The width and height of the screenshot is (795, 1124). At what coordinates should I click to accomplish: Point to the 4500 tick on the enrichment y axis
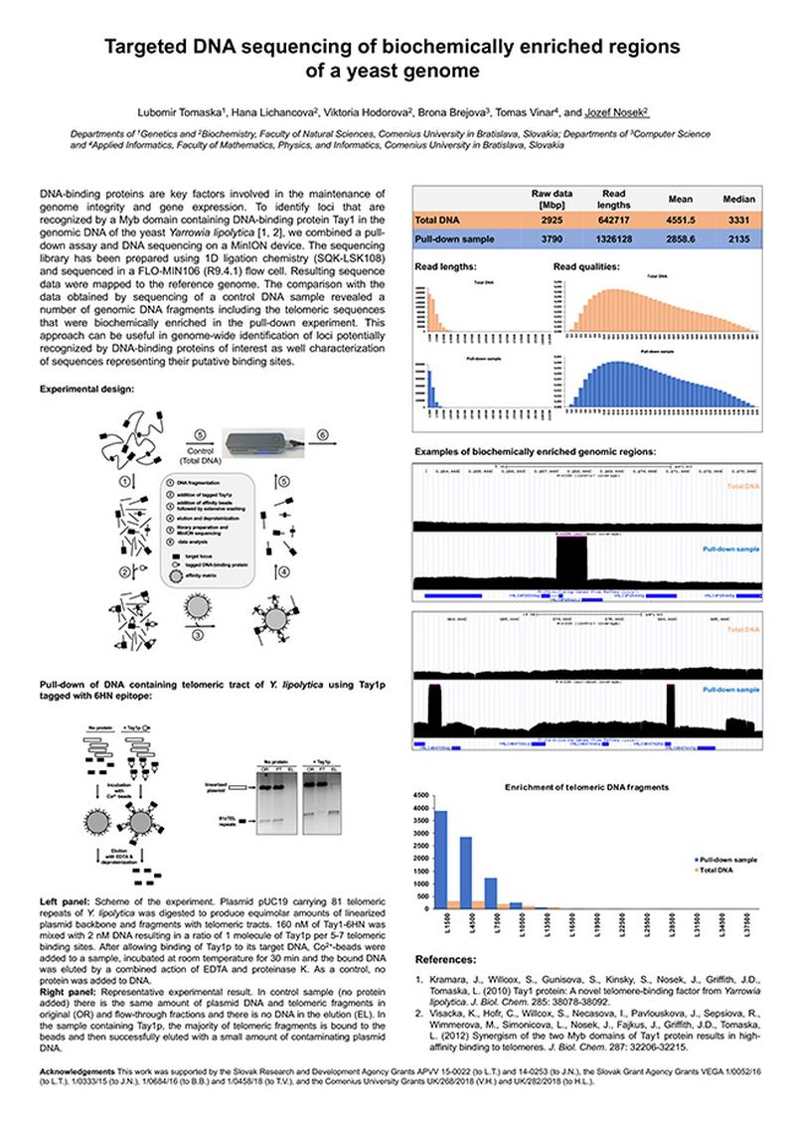coord(421,796)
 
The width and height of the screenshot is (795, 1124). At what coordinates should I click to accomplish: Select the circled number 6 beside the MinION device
coord(322,434)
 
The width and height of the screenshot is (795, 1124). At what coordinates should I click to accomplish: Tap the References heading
coord(448,961)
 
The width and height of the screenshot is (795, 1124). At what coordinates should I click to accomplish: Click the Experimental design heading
coord(87,389)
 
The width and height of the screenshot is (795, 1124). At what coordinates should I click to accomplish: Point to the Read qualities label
coord(586,266)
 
